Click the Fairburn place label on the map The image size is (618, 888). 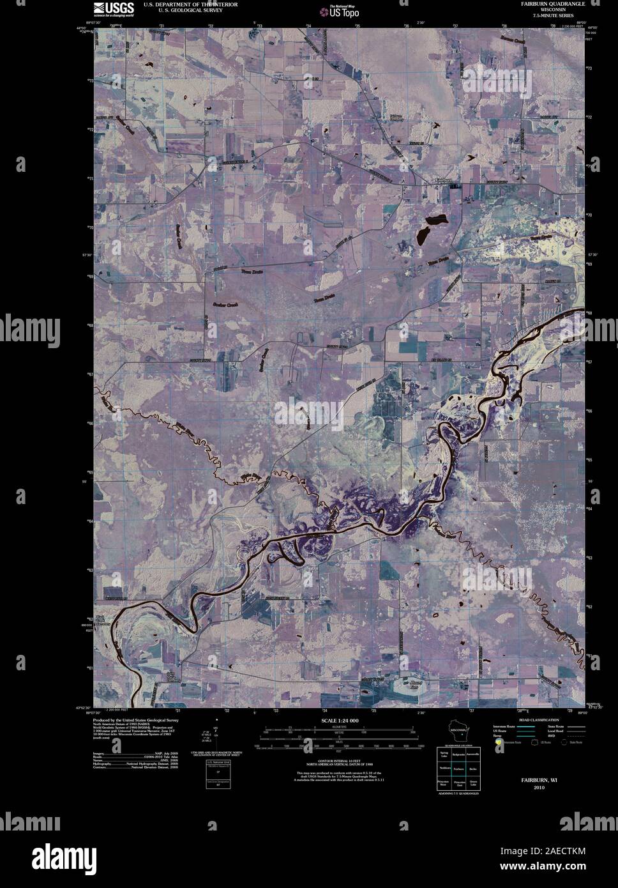443,180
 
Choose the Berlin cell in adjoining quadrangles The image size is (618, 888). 474,769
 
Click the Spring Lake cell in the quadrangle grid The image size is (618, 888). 444,756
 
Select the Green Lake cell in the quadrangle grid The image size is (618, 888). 474,783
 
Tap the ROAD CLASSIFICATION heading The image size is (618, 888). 539,720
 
